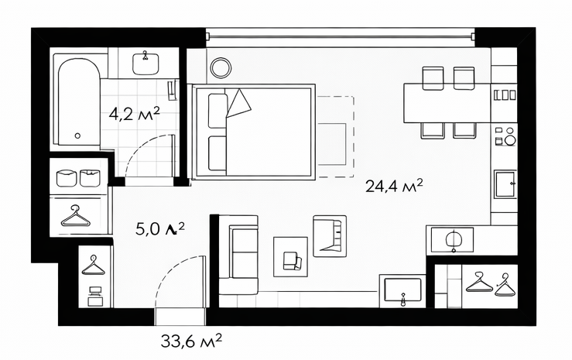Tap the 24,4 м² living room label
point(394,186)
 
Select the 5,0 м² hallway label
point(160,228)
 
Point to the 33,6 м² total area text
point(191,341)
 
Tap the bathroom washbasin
point(146,63)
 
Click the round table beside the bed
point(221,68)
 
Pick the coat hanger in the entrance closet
point(93,266)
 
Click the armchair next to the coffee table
point(330,235)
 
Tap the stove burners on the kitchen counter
point(505,135)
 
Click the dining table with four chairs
point(447,103)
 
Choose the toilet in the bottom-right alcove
point(453,240)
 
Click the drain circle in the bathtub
point(77,135)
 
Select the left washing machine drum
point(66,178)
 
